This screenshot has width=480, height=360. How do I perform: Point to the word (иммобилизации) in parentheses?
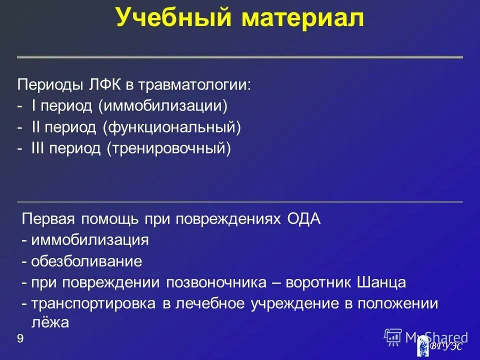[x=162, y=105]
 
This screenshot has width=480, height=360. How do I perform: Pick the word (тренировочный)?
[x=168, y=148]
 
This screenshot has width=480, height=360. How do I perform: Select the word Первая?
[x=48, y=219]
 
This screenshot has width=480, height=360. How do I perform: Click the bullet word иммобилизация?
[x=90, y=240]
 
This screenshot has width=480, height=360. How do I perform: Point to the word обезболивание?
[x=86, y=261]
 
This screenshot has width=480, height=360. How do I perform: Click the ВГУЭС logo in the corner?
[x=440, y=345]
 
